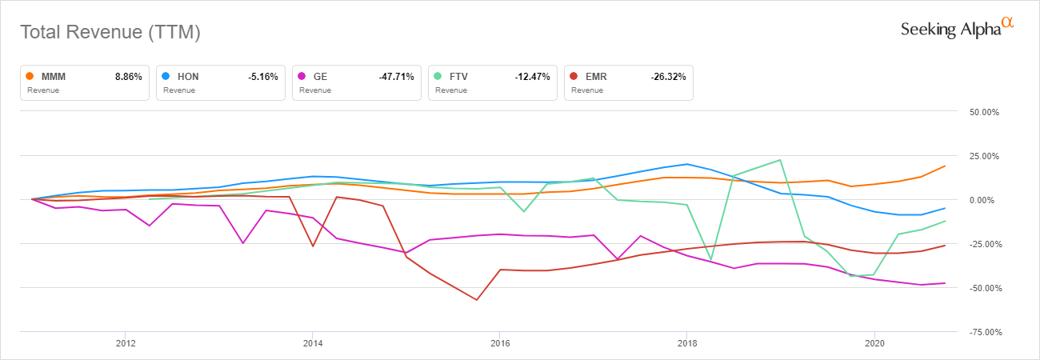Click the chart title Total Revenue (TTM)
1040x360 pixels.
coord(110,33)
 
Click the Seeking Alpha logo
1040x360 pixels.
coord(957,29)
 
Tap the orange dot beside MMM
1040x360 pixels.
coord(30,77)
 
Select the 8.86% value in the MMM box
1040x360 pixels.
coord(129,77)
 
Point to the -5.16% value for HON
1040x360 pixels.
coord(262,77)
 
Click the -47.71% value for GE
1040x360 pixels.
coord(396,77)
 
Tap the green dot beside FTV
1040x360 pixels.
coord(438,77)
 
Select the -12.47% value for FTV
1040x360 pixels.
coord(532,77)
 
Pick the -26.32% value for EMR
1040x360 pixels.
coord(668,77)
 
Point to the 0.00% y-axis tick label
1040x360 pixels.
coord(986,200)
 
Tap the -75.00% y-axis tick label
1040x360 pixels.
coord(984,331)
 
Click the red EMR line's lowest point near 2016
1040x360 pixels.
coord(477,300)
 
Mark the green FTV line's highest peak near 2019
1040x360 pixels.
coord(780,160)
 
